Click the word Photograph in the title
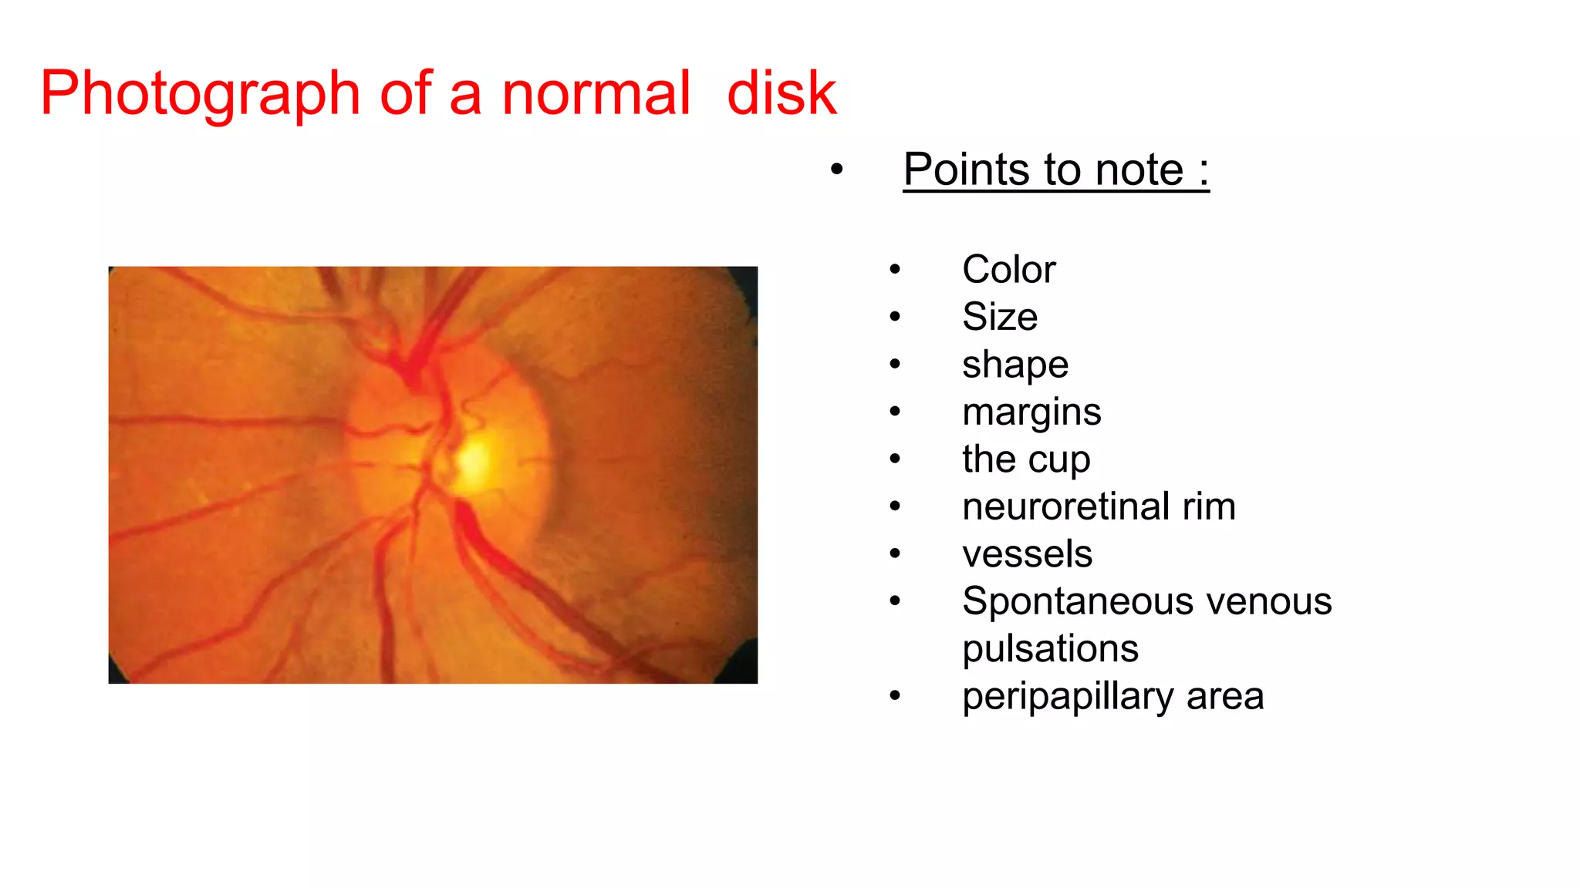[x=200, y=94]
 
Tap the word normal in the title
[x=596, y=94]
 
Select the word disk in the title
[x=782, y=94]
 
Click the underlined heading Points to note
[x=1055, y=170]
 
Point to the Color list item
[x=1008, y=270]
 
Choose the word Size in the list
[x=1000, y=317]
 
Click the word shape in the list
[x=1015, y=365]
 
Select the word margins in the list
[x=1031, y=412]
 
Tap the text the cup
[x=1026, y=459]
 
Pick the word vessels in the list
[x=1027, y=554]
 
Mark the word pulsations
[x=1050, y=649]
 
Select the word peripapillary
[x=1069, y=697]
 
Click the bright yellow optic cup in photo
[x=474, y=461]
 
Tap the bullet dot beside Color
[x=895, y=270]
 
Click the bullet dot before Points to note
[x=837, y=170]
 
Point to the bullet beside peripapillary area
[x=895, y=696]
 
